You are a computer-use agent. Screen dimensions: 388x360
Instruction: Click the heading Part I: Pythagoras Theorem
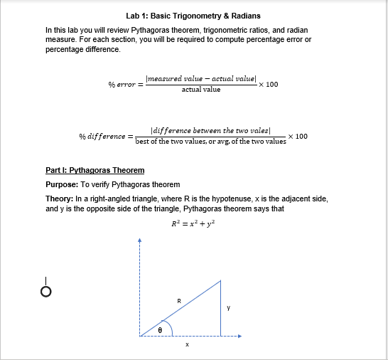coord(95,171)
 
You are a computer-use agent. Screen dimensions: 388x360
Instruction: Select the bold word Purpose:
coord(62,184)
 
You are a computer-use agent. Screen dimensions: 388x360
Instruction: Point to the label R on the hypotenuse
coord(178,301)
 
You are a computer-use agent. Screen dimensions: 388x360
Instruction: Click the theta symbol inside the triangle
coord(160,329)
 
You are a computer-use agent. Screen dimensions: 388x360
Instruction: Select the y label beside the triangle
coord(228,308)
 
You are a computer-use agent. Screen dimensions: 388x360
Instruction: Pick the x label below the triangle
coord(187,345)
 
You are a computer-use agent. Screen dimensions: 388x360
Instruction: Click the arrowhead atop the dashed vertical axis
coord(140,240)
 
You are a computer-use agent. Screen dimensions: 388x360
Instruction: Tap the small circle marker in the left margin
coord(45,292)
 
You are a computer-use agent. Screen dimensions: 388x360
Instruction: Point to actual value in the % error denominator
coord(201,90)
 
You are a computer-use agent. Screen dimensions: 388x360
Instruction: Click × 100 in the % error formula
coord(269,85)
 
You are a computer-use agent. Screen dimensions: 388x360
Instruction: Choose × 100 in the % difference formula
coord(298,136)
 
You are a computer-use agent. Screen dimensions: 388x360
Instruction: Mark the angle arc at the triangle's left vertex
coord(166,326)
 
